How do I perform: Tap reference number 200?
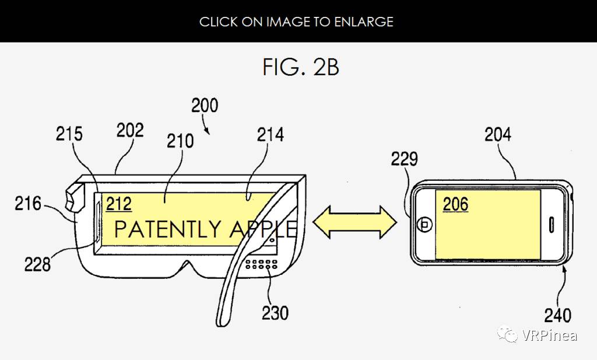[205, 106]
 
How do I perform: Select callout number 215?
[69, 134]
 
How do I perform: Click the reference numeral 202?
[130, 130]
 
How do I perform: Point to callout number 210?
[180, 141]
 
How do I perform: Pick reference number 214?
[271, 135]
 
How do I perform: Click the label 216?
[28, 204]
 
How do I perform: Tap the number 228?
[37, 264]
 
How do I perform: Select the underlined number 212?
[119, 204]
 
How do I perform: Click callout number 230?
[275, 313]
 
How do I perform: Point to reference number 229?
[405, 159]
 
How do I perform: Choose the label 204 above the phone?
[498, 134]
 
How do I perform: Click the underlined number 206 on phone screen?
[456, 205]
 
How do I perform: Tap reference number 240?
[558, 316]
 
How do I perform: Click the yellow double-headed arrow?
[355, 222]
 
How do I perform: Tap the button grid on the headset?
[261, 264]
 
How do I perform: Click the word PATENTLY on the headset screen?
[167, 229]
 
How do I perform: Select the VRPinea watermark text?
[549, 335]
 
